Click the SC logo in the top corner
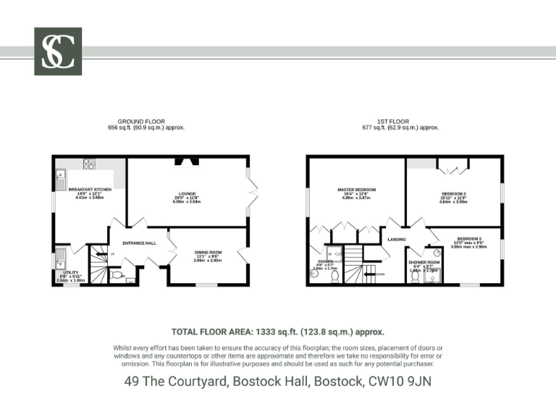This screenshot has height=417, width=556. click(58, 51)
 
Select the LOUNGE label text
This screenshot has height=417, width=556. click(188, 193)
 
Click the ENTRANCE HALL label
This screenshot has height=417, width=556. click(139, 243)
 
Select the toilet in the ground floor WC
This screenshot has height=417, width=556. click(117, 275)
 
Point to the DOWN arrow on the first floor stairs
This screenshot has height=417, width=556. click(379, 274)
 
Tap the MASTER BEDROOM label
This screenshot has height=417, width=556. click(357, 190)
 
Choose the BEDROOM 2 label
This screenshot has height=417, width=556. click(454, 194)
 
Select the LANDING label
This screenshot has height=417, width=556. click(396, 239)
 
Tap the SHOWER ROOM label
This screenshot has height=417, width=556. click(424, 262)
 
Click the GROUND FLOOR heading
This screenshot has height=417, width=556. click(141, 122)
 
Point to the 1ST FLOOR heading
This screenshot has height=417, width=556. click(393, 122)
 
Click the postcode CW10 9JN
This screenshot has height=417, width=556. click(400, 380)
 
